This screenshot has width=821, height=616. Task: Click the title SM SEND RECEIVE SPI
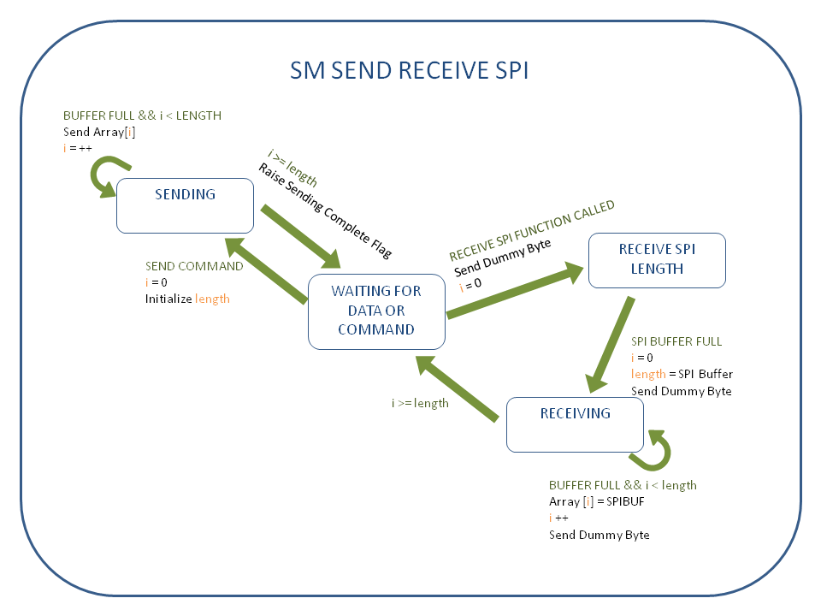click(409, 70)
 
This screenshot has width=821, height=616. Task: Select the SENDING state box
click(185, 205)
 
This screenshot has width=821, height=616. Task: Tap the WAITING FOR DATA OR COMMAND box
click(376, 311)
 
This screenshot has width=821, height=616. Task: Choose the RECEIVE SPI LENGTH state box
click(656, 259)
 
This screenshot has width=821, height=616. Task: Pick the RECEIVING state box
click(575, 423)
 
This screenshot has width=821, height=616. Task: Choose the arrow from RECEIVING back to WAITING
click(458, 390)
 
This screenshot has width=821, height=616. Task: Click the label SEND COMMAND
click(194, 266)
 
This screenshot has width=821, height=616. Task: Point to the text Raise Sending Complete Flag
click(325, 210)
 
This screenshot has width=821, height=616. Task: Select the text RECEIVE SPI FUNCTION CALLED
click(532, 231)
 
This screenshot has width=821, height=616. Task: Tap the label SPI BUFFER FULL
click(676, 341)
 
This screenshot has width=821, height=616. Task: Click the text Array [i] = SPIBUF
click(596, 501)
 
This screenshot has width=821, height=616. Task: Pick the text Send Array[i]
click(99, 132)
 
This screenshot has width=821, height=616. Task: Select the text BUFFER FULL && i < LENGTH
click(142, 115)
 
